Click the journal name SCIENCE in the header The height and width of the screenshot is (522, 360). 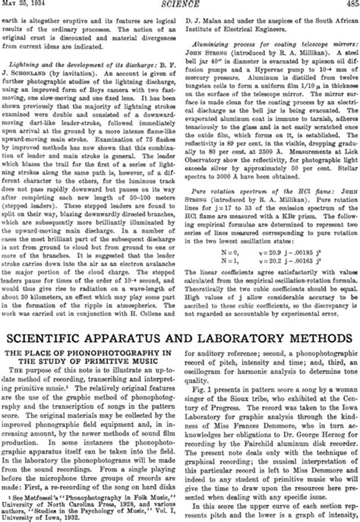pos(180,6)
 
